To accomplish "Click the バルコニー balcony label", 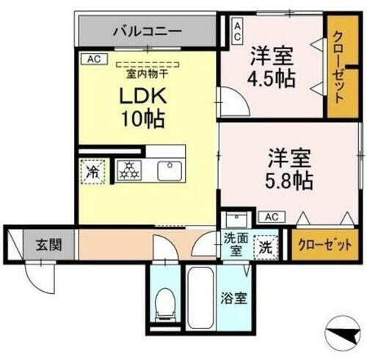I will pyautogui.click(x=147, y=32).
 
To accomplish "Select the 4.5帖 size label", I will pyautogui.click(x=272, y=77).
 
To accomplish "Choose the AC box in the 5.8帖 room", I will pyautogui.click(x=271, y=216).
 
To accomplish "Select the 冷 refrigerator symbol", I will pyautogui.click(x=93, y=172).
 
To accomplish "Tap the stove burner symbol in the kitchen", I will pyautogui.click(x=129, y=171).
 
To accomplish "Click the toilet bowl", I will pyautogui.click(x=167, y=301).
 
